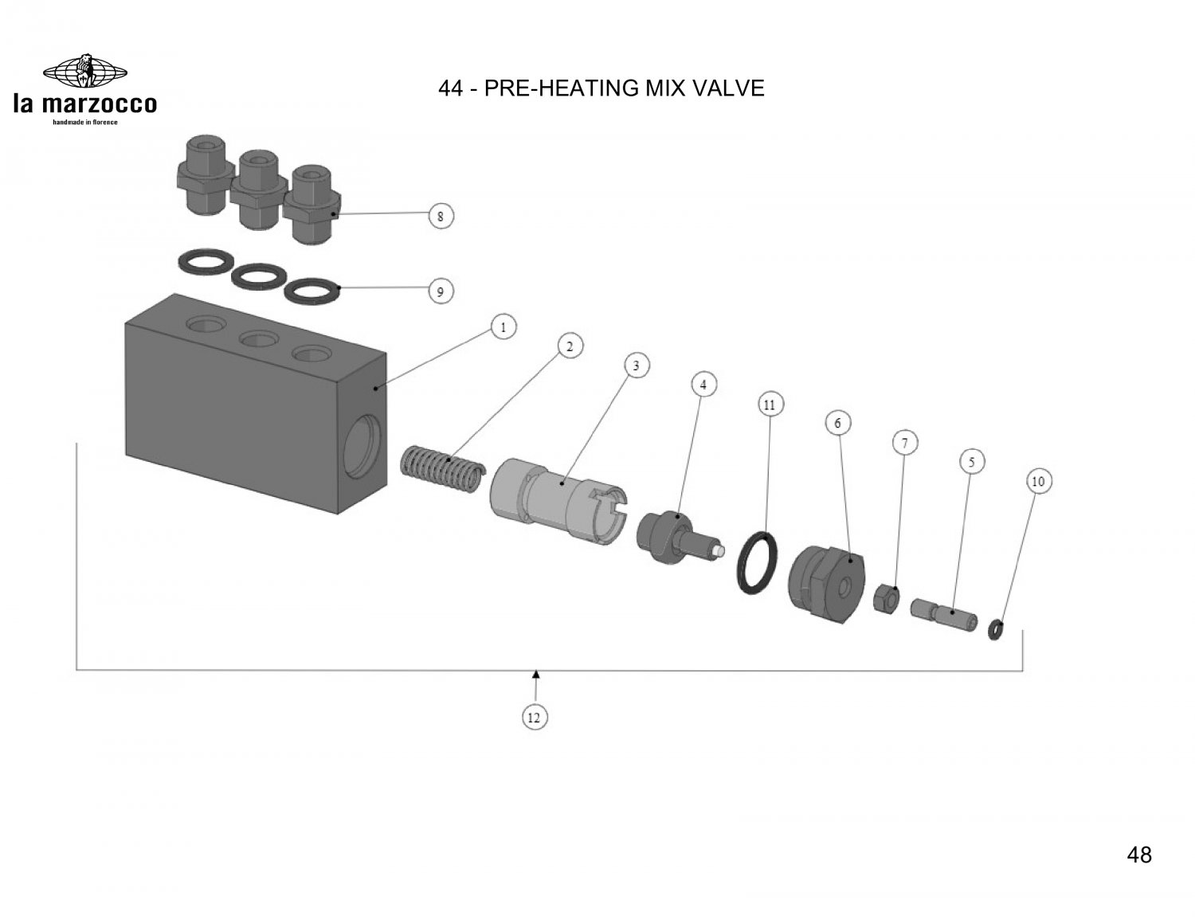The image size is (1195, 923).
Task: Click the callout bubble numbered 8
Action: coord(441,216)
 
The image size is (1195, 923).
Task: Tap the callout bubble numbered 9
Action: coord(441,292)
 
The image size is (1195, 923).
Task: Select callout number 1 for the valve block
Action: coord(503,327)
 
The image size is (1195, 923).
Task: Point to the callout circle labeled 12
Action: coord(535,718)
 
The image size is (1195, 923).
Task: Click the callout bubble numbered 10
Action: coord(1037,482)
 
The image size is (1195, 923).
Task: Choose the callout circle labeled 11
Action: coord(769,405)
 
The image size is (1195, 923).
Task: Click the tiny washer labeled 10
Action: coord(995,630)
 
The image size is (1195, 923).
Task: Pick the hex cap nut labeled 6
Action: coord(825,580)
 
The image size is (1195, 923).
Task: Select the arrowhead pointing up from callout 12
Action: coord(536,675)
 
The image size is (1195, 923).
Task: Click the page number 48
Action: coord(1139,855)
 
